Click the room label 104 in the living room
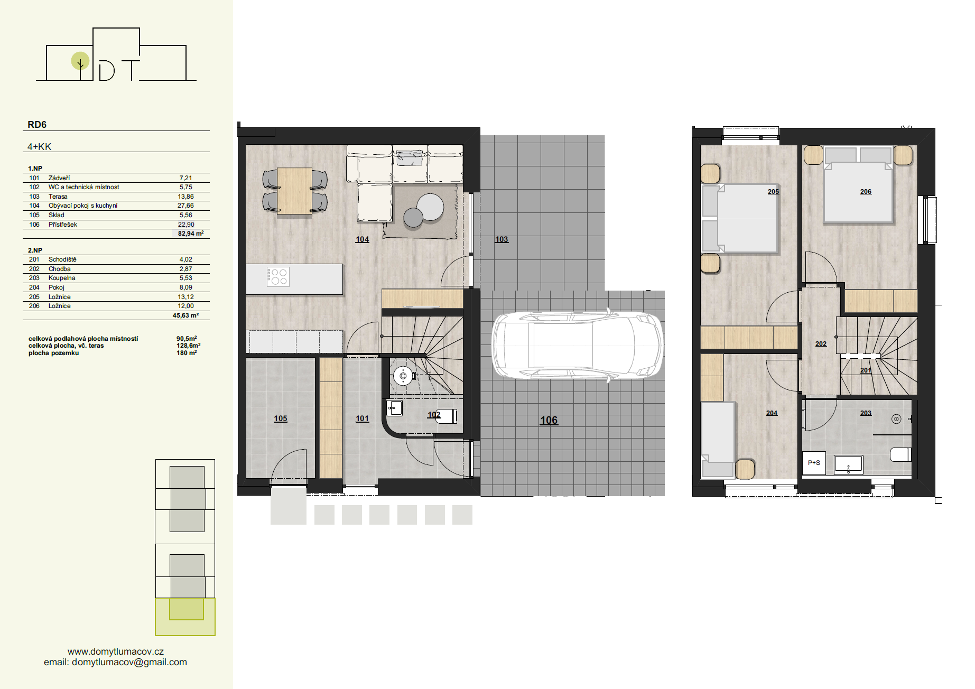coord(362,239)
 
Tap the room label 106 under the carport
coord(549,420)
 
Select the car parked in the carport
coord(578,344)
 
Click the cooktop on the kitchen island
coord(277,276)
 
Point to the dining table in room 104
coord(294,191)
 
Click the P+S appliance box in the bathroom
coord(814,463)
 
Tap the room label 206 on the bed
coord(866,192)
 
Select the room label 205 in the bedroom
coord(773,192)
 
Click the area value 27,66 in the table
coord(185,206)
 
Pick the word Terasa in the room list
coord(58,197)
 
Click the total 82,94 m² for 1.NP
coord(190,234)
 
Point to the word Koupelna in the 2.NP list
coord(62,278)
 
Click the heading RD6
coord(37,125)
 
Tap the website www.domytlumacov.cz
coord(116,651)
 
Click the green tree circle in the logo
coord(80,61)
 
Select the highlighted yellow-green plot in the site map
coord(185,617)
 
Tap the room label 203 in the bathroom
coord(866,413)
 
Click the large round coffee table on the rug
coord(430,207)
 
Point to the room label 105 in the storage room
coord(281,418)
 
